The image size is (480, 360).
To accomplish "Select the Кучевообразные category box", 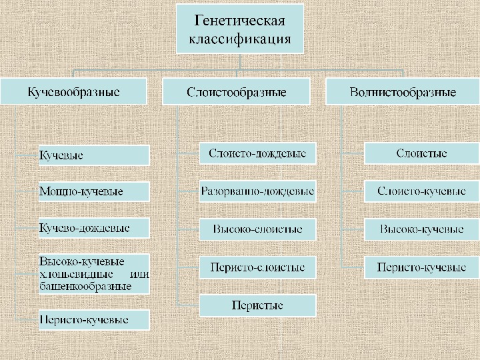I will coord(73,91).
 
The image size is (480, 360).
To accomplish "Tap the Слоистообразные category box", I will coord(237,91).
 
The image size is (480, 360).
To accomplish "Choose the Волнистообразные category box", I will coord(403,91).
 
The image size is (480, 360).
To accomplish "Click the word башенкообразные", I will coord(85,286).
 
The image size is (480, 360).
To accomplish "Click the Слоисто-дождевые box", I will coord(257,154).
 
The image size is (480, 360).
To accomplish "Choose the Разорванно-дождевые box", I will coord(257,191).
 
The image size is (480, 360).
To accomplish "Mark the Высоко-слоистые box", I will coord(257,229).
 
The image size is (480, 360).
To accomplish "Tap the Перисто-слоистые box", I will coord(257,267).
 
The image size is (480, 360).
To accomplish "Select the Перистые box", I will coord(257,305).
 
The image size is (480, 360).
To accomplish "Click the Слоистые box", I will coord(421,154).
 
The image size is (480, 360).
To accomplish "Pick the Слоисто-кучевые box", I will coord(421,191).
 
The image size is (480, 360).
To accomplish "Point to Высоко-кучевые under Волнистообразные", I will coord(421,229).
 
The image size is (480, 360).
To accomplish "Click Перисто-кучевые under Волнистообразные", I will coord(421,267).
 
